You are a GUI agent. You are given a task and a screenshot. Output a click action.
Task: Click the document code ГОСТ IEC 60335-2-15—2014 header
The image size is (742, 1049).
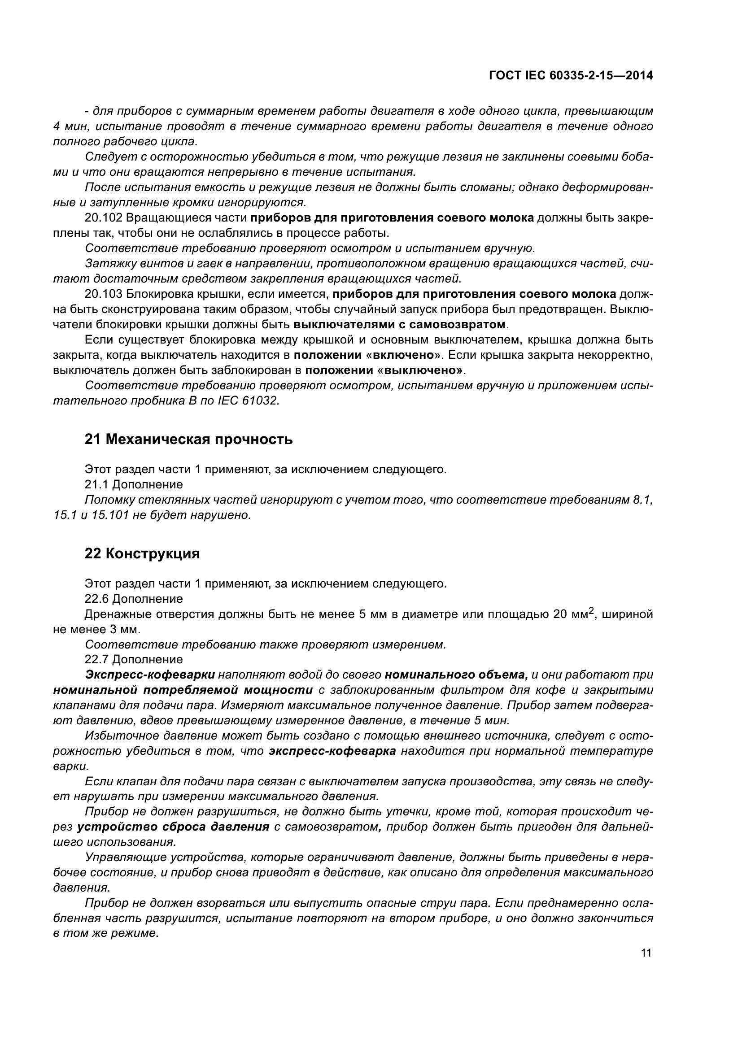point(570,76)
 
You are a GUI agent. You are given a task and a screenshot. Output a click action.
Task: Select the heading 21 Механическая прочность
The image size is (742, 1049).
point(188,440)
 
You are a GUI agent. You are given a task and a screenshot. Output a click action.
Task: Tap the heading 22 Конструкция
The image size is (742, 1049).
point(142,554)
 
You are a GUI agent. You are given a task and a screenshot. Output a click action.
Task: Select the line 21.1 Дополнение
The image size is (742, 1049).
point(133,484)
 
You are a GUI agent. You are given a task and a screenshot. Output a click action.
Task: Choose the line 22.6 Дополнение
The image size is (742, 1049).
point(133,599)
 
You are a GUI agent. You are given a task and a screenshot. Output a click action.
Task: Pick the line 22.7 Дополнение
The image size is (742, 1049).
point(133,659)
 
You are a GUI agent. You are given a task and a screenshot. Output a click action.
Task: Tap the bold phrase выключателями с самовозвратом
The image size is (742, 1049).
point(400,325)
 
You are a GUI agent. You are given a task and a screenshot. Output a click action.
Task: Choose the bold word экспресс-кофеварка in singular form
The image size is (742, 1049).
point(332,751)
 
